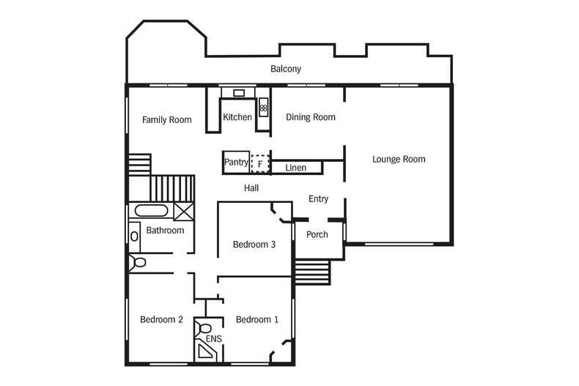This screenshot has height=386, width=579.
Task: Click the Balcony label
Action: pos(285,69)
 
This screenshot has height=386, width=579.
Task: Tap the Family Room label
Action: pos(167,120)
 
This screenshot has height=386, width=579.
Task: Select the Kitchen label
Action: pos(237,117)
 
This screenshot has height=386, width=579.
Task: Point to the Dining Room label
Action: pos(311,117)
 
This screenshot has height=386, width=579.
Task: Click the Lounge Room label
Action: pos(399,160)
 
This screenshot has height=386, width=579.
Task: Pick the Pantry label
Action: pos(236,163)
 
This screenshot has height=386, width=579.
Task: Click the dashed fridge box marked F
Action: pos(260,163)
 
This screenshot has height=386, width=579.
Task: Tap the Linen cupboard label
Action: pos(296,168)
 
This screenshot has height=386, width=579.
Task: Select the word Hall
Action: pos(251,188)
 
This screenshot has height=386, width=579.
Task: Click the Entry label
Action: pos(318,199)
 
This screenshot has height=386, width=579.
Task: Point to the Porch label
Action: pos(317,234)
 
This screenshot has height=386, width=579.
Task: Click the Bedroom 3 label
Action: pos(254,245)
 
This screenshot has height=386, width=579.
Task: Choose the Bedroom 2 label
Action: pos(161,319)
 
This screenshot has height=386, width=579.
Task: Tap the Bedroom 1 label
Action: pos(257,319)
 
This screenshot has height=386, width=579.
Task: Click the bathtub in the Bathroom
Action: pos(151,211)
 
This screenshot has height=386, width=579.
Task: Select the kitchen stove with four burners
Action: pos(263,108)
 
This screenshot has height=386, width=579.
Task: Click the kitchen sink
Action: pos(239,93)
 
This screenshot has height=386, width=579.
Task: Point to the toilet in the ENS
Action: pos(203,327)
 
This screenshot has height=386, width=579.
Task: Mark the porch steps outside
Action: pos(312,272)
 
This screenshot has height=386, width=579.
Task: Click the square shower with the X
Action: pos(183,212)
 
